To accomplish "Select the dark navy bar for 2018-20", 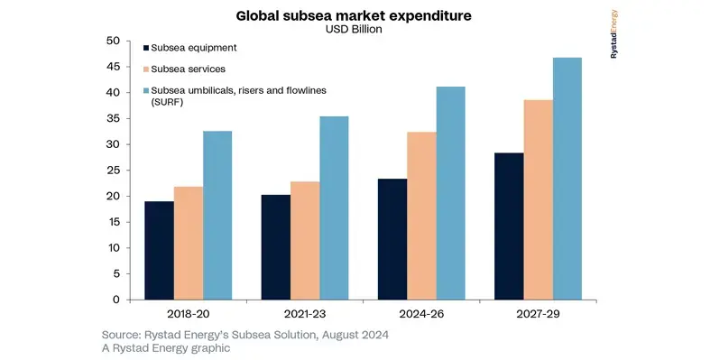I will click(x=159, y=250).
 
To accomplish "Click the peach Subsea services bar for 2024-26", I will click(x=421, y=216).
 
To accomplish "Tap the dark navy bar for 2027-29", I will click(x=509, y=226).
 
